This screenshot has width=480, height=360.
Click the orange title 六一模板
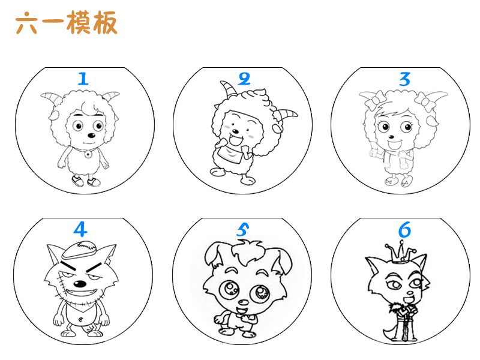[x=67, y=23]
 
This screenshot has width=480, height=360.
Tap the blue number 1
[x=83, y=78]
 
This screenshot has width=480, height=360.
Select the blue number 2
[x=244, y=79]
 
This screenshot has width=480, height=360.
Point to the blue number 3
[x=405, y=79]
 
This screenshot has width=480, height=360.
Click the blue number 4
[x=80, y=229]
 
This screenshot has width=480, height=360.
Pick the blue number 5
[x=242, y=229]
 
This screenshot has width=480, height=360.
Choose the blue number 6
[x=404, y=229]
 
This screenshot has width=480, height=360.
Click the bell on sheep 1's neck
[x=88, y=154]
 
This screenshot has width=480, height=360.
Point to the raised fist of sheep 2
[x=226, y=142]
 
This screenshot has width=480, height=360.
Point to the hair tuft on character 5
[x=245, y=247]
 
